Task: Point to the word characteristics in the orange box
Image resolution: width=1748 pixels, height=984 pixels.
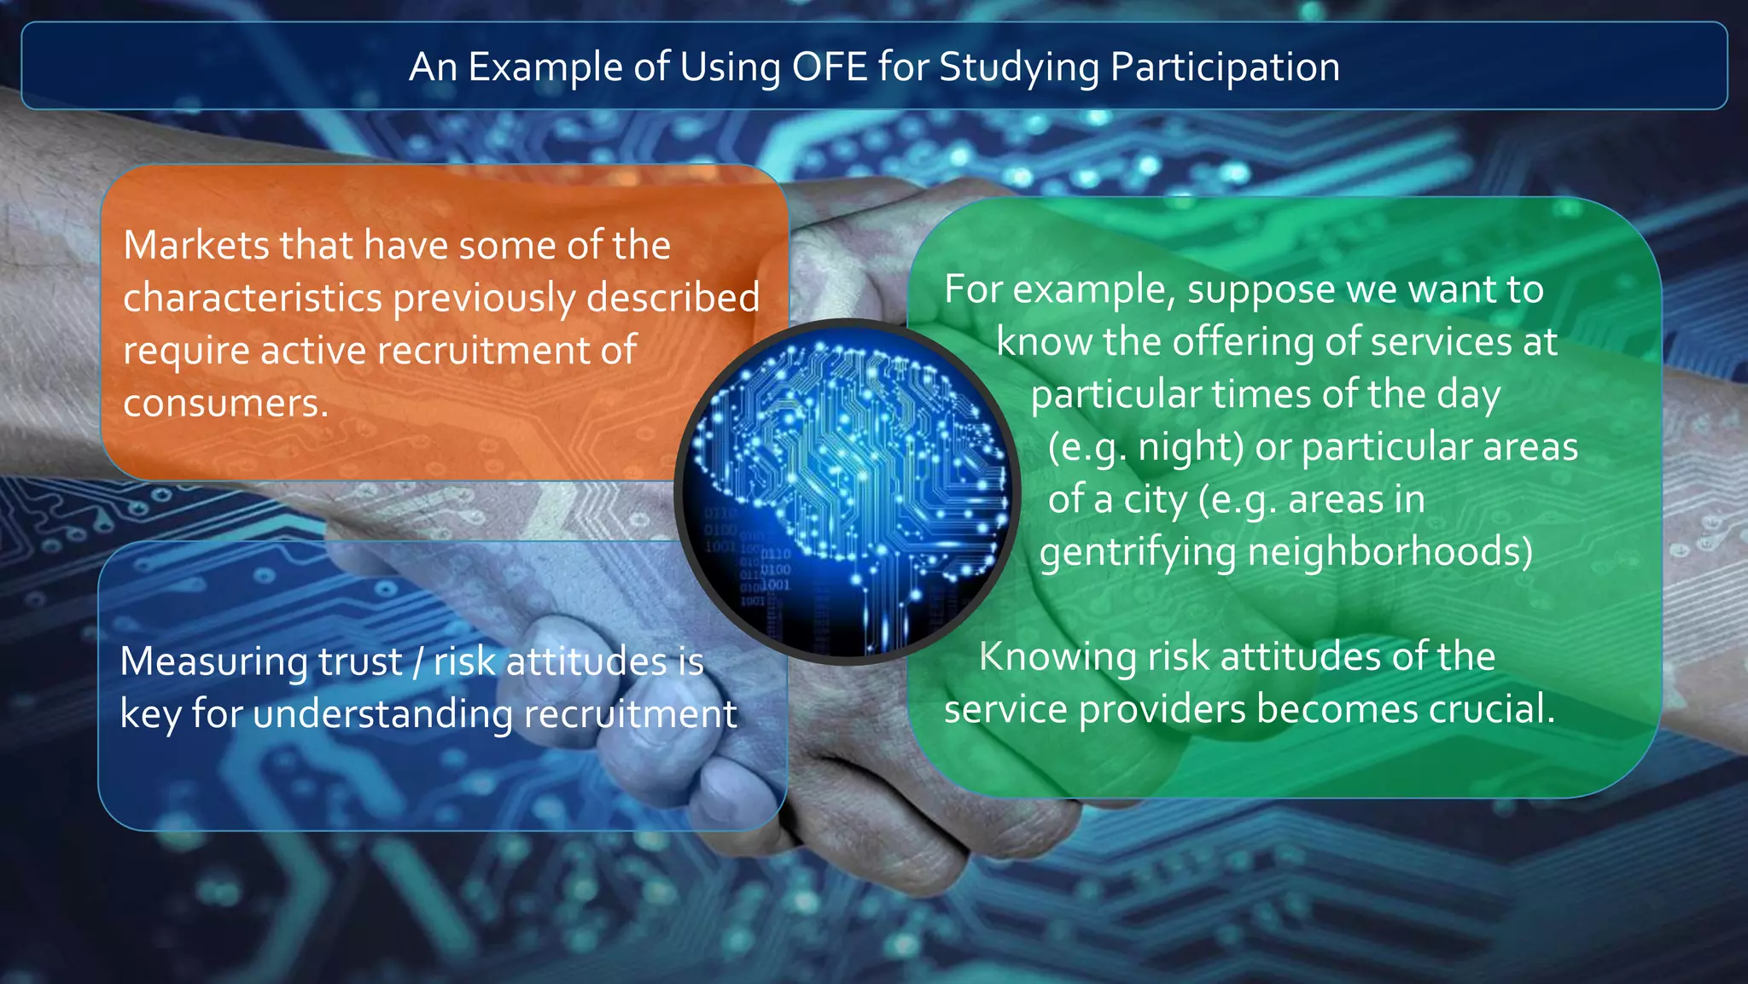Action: pos(253,298)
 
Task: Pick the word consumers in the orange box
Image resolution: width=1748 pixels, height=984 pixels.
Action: pos(224,403)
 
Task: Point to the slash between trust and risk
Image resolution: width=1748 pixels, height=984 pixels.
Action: pos(417,662)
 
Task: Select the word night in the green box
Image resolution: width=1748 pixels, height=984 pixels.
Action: pos(1188,447)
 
